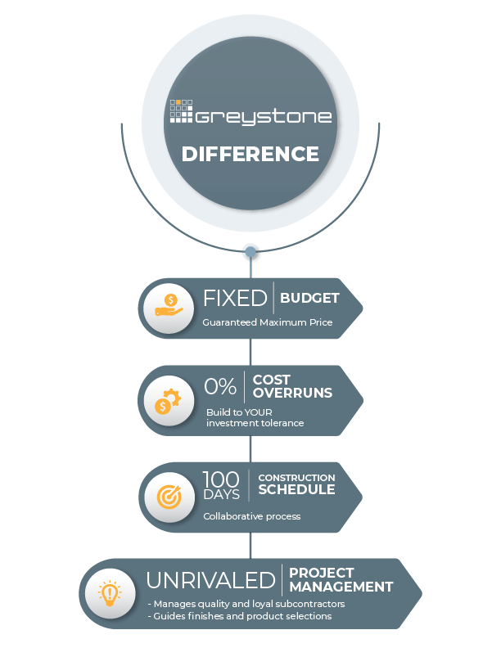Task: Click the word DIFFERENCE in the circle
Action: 250,154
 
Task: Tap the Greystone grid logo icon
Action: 180,111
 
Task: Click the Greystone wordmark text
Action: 263,116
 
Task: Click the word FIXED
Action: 235,298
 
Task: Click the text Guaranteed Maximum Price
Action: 268,322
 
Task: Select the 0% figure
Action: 220,386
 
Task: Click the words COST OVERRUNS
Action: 292,386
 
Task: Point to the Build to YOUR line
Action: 239,412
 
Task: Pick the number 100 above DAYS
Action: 221,479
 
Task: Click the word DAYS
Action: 221,494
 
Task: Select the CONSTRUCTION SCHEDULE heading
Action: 296,484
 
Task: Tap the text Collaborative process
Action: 252,516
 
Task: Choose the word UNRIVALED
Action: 210,580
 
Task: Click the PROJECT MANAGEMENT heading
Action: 341,580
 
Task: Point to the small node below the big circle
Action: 251,253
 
